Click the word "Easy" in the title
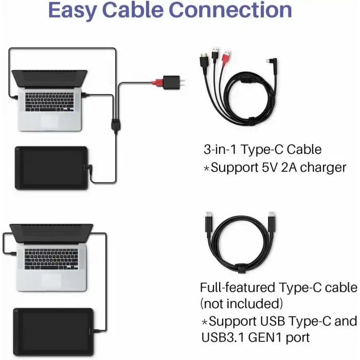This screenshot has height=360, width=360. [x=73, y=11]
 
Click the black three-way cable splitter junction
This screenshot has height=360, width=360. [x=116, y=124]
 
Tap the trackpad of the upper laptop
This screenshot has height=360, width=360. [x=49, y=120]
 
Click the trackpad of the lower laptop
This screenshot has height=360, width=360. [x=51, y=280]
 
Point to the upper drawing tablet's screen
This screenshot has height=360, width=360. [x=52, y=167]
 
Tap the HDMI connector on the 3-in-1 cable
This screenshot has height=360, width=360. [x=204, y=60]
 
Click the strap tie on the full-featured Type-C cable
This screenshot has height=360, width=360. [x=241, y=268]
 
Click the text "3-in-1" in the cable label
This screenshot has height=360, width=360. [x=220, y=150]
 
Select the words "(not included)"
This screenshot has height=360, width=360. [x=241, y=304]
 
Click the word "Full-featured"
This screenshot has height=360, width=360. [x=238, y=287]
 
